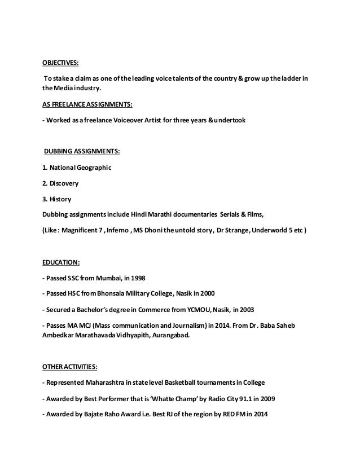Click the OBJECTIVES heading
(62, 64)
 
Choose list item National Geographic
(70, 167)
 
